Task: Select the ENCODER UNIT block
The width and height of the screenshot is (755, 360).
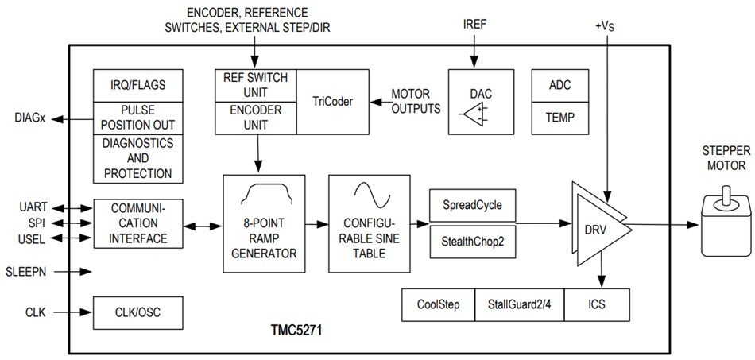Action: point(255,118)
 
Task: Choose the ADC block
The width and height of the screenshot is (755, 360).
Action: point(559,85)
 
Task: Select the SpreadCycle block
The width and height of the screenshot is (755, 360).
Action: point(472,204)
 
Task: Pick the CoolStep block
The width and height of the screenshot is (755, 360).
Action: point(439,304)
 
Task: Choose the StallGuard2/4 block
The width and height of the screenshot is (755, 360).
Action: point(519,304)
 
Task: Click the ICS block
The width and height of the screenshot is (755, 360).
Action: point(596,304)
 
